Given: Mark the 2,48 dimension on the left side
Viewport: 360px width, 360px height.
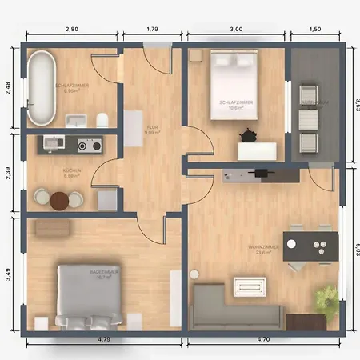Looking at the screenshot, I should [9, 88].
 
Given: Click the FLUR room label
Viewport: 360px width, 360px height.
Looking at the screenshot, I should [152, 128].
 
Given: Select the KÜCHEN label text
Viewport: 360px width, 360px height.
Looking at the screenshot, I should [72, 170].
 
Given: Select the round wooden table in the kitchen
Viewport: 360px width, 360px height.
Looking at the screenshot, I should [57, 201].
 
